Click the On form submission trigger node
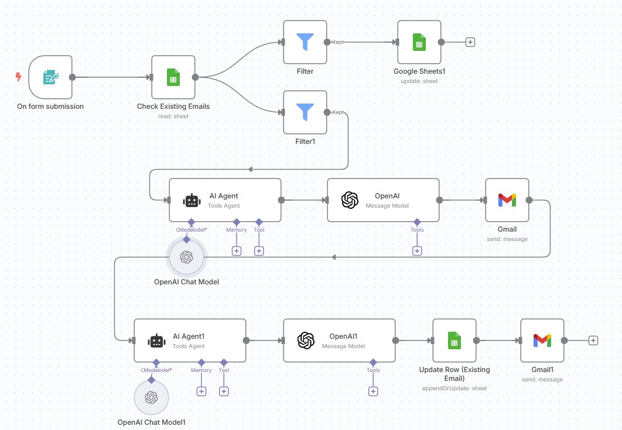[50, 77]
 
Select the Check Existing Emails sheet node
[173, 77]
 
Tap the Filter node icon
[305, 42]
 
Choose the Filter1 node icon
[305, 112]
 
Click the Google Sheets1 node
[419, 42]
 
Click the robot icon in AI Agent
[192, 201]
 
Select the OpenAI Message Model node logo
[350, 200]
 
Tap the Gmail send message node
[507, 200]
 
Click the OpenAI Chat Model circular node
[186, 257]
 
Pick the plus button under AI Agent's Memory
[237, 251]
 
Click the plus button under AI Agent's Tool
[259, 251]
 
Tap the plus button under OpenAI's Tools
[417, 251]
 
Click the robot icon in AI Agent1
[156, 341]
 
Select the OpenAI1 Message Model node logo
[306, 340]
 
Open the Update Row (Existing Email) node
[454, 340]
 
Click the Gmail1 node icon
[542, 340]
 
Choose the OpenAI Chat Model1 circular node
[151, 398]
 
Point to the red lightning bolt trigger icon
[18, 77]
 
